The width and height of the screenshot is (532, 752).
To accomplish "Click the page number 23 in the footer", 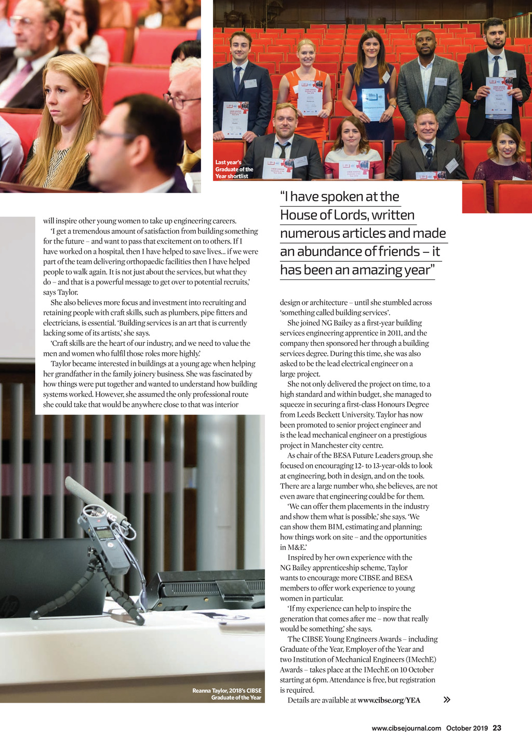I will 497,728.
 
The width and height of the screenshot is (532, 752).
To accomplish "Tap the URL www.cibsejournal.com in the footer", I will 406,728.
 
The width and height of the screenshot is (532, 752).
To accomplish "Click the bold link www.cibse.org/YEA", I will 389,700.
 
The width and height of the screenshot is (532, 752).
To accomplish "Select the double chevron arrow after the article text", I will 447,700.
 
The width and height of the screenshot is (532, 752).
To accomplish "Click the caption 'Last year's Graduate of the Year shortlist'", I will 234,169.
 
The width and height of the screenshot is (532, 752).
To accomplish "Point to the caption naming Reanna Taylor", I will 227,694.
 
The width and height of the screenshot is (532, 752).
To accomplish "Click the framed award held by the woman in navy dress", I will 373,103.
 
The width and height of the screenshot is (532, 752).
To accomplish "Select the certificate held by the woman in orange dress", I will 310,97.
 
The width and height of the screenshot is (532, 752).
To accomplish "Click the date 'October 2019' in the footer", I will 467,728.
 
